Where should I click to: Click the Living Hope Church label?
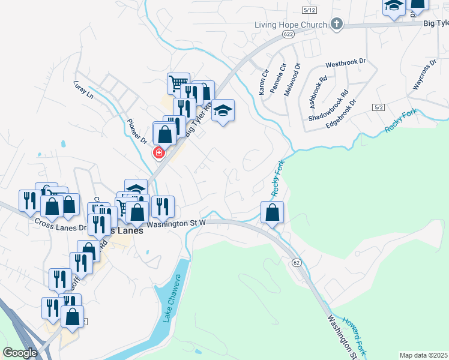(x=291, y=25)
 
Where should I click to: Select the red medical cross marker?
(x=159, y=153)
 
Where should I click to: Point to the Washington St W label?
(x=176, y=224)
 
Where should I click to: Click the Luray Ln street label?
(x=83, y=89)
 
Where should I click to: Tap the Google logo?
(x=20, y=353)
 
